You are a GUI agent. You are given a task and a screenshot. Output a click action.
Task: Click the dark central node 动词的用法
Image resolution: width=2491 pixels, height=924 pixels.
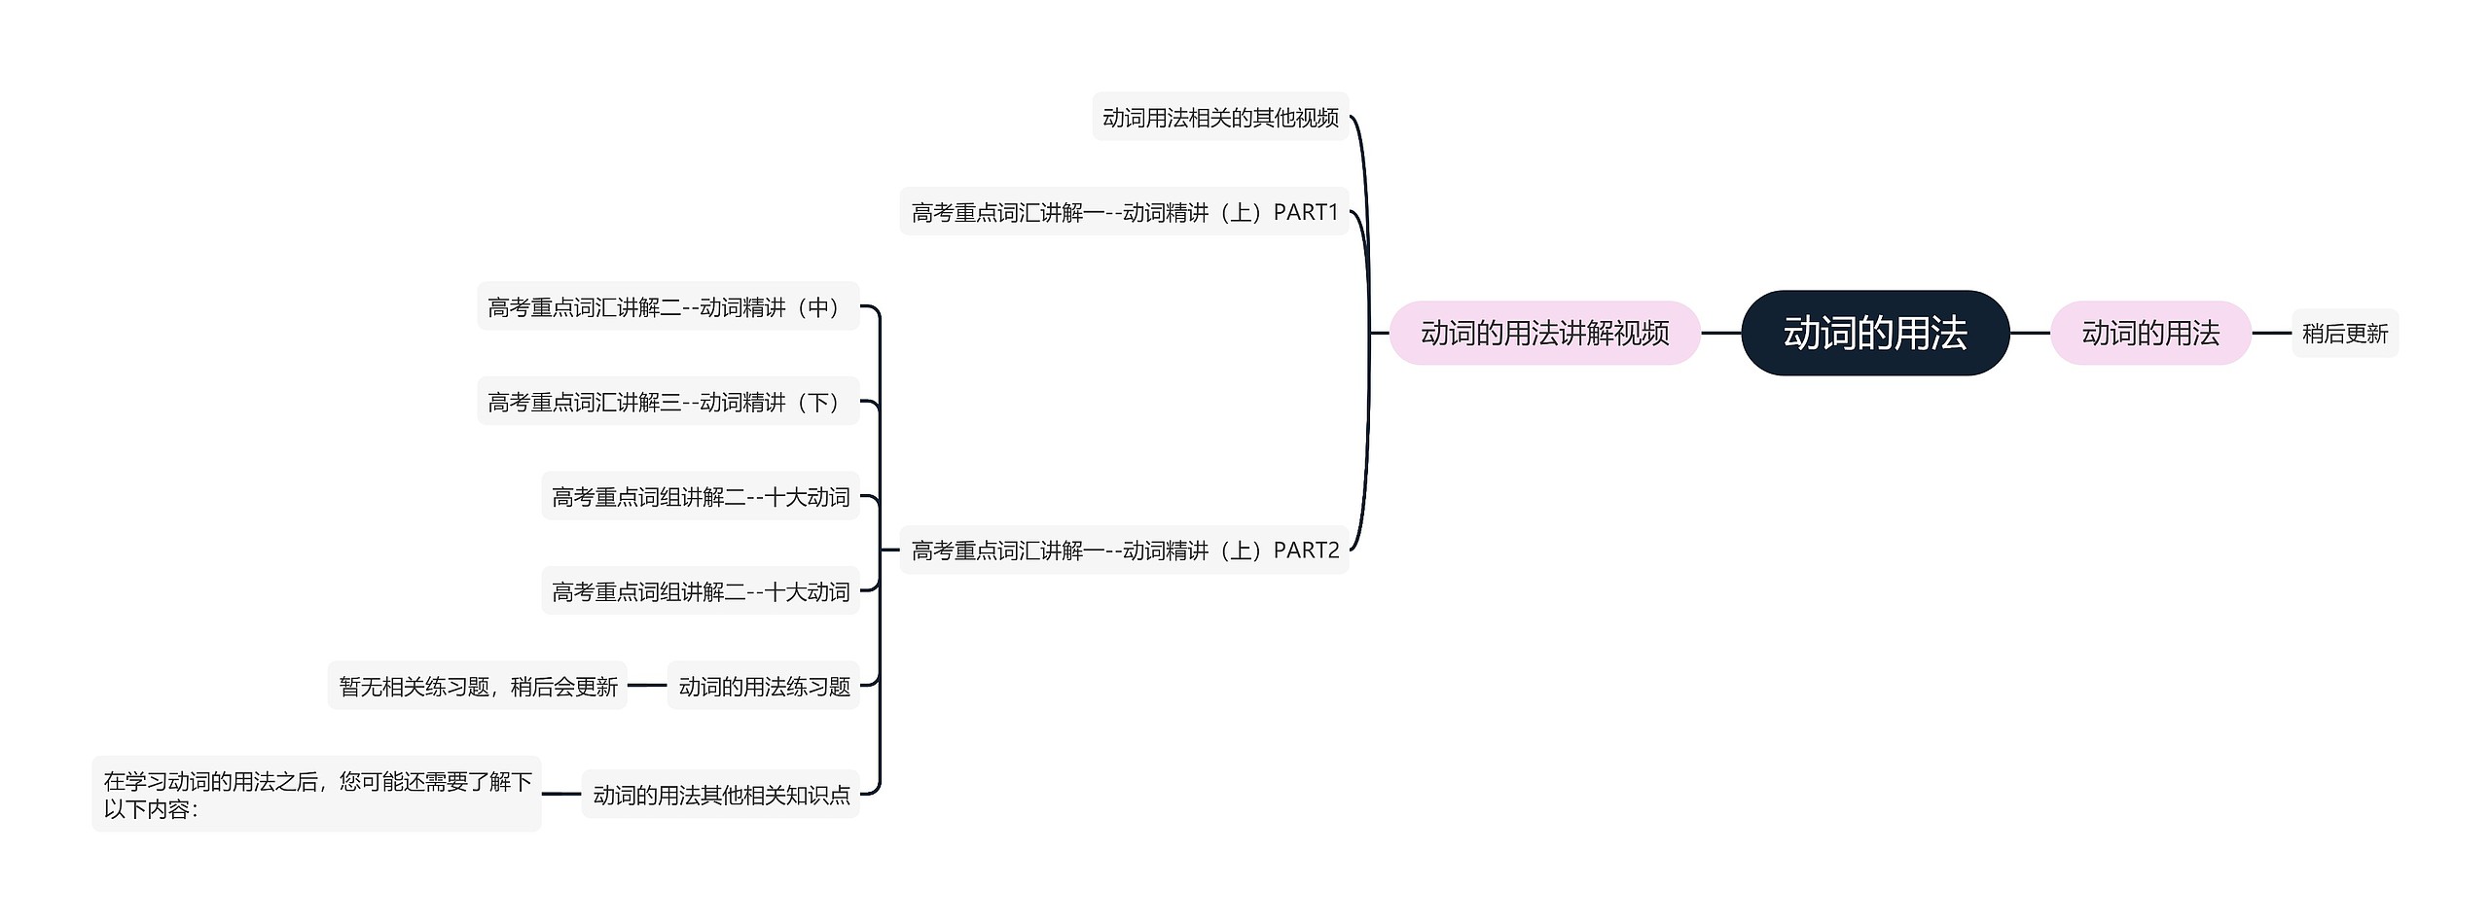point(1874,333)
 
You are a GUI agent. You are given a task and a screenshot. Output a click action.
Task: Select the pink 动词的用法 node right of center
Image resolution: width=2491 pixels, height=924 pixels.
point(2150,333)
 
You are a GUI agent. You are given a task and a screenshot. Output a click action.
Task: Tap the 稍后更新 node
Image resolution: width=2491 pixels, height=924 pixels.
point(2345,334)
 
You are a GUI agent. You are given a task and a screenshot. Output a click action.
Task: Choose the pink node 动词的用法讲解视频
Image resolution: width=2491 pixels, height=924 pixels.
point(1544,333)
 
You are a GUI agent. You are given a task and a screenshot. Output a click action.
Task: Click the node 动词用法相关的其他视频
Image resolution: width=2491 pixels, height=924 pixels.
point(1220,118)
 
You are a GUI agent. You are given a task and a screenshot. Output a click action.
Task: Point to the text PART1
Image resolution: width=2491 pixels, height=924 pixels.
point(1306,212)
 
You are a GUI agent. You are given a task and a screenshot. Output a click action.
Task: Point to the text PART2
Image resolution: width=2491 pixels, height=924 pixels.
point(1306,551)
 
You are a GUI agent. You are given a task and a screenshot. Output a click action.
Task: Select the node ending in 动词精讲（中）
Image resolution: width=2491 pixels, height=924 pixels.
point(668,307)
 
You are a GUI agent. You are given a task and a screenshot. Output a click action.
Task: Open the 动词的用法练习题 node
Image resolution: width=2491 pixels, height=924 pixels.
point(764,687)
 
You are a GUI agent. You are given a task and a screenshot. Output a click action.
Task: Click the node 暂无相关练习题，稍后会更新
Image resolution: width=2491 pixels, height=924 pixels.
point(478,687)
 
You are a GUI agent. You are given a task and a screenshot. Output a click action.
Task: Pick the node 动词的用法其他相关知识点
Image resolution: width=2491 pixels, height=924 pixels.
point(721,795)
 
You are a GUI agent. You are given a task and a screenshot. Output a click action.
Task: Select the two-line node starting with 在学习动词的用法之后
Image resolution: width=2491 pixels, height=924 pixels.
point(316,795)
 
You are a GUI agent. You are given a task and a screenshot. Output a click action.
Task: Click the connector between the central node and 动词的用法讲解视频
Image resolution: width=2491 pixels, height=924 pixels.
point(1720,333)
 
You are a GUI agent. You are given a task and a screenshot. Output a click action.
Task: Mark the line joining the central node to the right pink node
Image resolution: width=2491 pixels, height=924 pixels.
point(2030,333)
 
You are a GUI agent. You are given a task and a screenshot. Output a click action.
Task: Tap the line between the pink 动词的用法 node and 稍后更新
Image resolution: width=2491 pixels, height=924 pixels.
point(2271,333)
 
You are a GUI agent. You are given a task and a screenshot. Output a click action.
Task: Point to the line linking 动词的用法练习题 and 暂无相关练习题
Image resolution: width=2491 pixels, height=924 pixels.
point(647,686)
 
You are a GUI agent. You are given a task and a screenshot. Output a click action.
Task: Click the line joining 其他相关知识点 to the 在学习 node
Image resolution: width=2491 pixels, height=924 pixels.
point(561,794)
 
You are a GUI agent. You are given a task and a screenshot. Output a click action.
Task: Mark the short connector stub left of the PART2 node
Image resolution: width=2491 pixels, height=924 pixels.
point(889,550)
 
